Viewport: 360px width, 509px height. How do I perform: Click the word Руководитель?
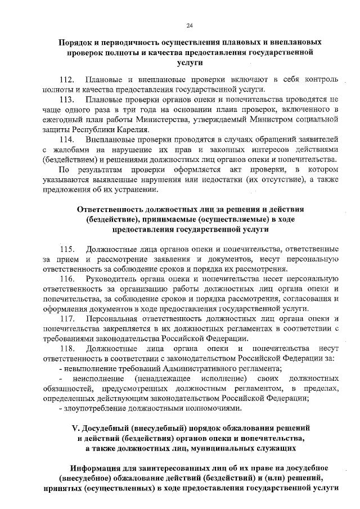[116, 278]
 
